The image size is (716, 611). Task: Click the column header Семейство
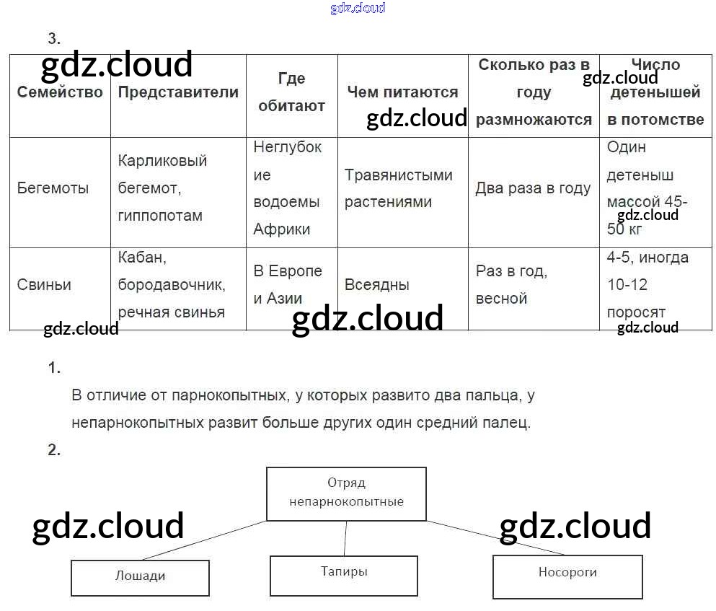(60, 92)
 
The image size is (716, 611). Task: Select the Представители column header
(178, 92)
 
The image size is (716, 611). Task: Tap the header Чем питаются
(402, 92)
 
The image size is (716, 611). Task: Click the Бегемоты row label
(53, 188)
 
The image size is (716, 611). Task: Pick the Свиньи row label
(45, 285)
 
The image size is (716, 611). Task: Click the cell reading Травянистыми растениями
(398, 188)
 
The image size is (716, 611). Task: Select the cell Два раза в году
(533, 188)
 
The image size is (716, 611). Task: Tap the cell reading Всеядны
(377, 285)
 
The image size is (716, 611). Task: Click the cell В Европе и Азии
(288, 285)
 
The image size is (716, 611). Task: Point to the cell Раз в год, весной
(511, 285)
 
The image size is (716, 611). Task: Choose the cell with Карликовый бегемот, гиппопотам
(163, 188)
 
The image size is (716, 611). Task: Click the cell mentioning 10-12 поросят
(648, 285)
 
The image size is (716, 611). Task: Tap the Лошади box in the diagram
(140, 576)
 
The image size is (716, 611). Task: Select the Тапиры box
(344, 572)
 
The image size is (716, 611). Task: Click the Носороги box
(567, 573)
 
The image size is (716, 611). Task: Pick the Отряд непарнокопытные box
(346, 493)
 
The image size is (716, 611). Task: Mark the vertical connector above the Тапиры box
(345, 538)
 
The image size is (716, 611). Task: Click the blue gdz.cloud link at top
(358, 8)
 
